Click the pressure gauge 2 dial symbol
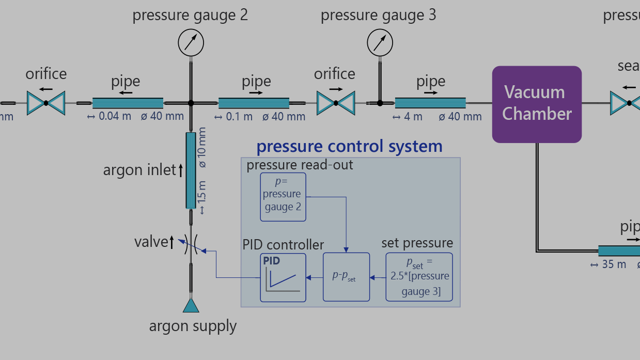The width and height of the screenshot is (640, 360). (x=191, y=42)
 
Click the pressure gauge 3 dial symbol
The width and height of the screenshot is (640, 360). (x=380, y=42)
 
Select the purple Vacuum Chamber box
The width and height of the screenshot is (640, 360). (x=537, y=104)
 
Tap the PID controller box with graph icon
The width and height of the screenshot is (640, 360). (x=283, y=277)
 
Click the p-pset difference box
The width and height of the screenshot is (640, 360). (x=346, y=277)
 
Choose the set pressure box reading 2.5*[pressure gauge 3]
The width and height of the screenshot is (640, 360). (x=419, y=277)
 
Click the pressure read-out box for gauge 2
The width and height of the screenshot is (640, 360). (x=283, y=197)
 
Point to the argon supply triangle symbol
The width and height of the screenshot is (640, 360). (x=191, y=306)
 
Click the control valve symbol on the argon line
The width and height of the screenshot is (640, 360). (x=191, y=244)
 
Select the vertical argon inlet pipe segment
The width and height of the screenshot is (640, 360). (x=191, y=170)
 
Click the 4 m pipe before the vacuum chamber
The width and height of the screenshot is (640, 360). (x=430, y=103)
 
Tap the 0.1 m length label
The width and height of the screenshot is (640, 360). (x=239, y=117)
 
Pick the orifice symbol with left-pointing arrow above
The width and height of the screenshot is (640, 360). (x=46, y=103)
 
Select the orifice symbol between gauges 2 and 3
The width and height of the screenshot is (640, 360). (x=336, y=103)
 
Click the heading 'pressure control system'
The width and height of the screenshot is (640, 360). (x=349, y=147)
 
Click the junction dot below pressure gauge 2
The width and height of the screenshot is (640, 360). (x=191, y=103)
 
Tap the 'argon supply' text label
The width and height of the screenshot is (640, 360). (x=193, y=326)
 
